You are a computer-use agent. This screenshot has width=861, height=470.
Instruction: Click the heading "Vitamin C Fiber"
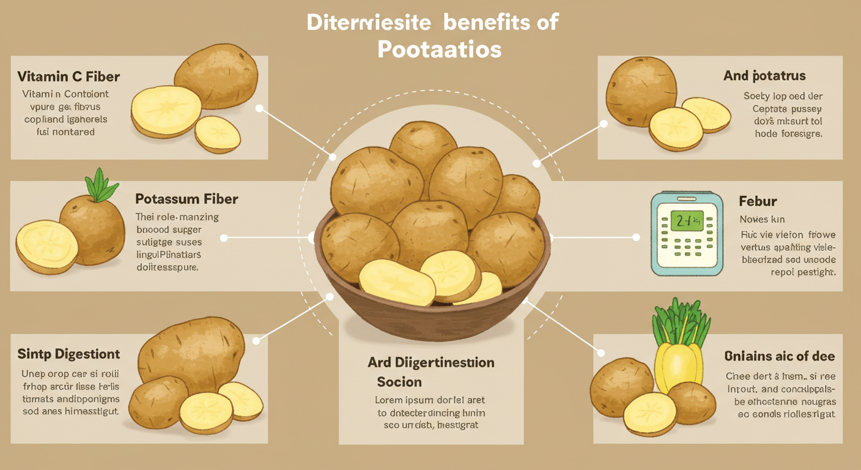click(68, 76)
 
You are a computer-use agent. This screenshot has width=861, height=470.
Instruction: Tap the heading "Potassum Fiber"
click(187, 199)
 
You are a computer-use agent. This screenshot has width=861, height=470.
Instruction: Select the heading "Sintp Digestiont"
click(69, 354)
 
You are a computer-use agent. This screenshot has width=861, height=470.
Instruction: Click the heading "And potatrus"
click(764, 76)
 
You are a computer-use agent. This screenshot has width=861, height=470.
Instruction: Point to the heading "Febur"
click(758, 201)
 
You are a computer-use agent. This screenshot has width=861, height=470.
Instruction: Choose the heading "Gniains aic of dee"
click(780, 356)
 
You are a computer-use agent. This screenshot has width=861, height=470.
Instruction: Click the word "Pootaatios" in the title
click(439, 49)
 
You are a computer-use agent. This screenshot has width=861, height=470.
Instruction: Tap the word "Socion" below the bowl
click(399, 382)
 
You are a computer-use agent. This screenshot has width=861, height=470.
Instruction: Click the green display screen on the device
click(687, 222)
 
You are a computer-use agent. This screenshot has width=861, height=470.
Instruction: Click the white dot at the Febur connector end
click(636, 237)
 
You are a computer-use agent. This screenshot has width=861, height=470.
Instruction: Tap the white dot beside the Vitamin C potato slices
click(259, 108)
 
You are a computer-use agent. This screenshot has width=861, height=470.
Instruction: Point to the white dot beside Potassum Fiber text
click(224, 237)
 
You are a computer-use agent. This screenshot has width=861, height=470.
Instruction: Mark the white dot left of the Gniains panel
click(601, 353)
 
